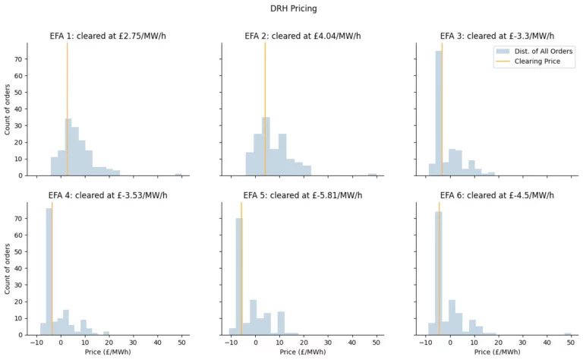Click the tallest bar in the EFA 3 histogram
tap(438, 114)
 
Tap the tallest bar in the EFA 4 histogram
tap(49, 273)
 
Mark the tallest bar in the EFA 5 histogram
tap(238, 277)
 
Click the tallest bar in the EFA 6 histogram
tap(438, 273)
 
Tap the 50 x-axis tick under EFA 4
tap(181, 343)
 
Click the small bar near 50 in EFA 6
tap(568, 333)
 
